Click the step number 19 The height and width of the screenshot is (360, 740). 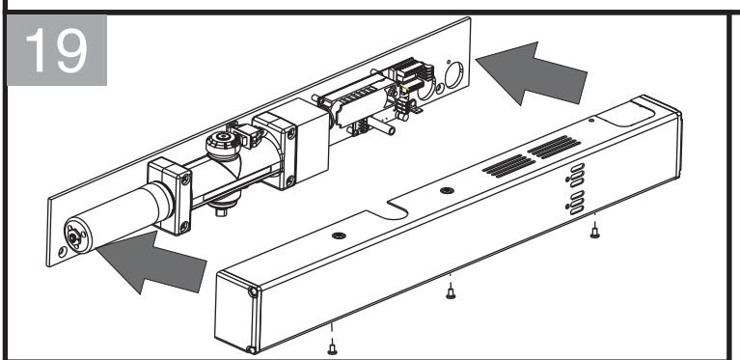[x=57, y=49]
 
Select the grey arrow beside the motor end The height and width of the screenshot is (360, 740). [x=152, y=263]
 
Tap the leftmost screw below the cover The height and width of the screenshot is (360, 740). [x=332, y=348]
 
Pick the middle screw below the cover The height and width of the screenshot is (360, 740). [x=451, y=292]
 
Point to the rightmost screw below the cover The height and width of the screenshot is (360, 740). [x=594, y=232]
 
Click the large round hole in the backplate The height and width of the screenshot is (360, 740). [x=454, y=74]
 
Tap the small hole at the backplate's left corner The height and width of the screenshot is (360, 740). [x=63, y=252]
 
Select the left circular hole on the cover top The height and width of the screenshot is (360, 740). [x=339, y=235]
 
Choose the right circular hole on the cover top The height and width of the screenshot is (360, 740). [x=447, y=190]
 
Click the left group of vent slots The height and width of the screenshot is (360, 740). [x=509, y=166]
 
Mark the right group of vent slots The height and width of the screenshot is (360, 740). [x=554, y=148]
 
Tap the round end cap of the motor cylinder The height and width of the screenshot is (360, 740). [x=75, y=236]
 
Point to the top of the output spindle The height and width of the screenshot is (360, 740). [x=223, y=139]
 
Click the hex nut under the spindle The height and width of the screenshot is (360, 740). [x=221, y=211]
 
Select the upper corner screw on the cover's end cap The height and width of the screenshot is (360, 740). [x=254, y=292]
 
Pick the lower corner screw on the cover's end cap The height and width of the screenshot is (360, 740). [x=252, y=349]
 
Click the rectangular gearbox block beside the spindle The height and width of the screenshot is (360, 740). [x=291, y=143]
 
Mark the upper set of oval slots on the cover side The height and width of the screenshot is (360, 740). [x=577, y=175]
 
